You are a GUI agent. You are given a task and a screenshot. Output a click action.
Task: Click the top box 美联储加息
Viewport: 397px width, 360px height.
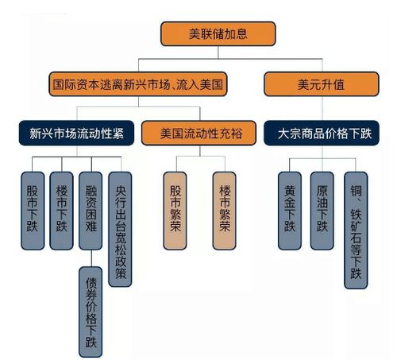(x=218, y=33)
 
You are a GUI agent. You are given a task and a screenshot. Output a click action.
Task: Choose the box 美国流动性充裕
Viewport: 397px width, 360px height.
(x=198, y=133)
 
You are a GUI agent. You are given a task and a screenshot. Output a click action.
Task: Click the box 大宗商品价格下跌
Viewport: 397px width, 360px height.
(x=326, y=133)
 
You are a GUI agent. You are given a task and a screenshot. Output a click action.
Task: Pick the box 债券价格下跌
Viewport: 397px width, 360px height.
(x=90, y=309)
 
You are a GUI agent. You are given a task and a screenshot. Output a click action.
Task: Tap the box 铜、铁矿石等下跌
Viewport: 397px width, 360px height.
(x=356, y=230)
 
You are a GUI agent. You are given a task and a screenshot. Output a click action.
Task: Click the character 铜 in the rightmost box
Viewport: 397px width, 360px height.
(x=356, y=192)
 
